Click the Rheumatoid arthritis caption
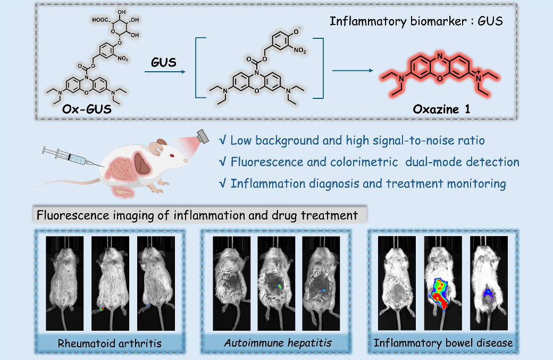110,343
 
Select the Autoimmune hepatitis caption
277,343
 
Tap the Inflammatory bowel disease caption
443,343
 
